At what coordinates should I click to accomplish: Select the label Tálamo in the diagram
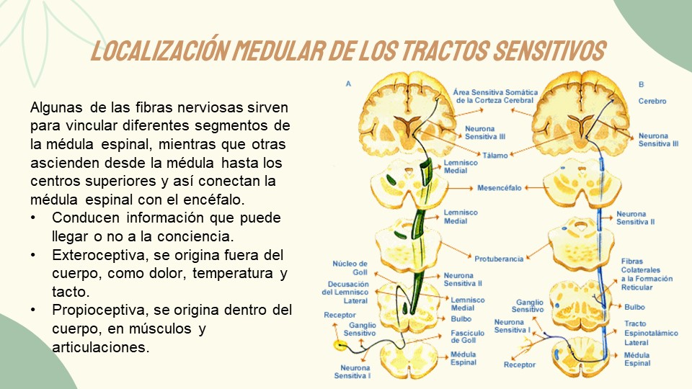click(x=495, y=155)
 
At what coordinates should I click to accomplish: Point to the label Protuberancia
click(x=499, y=259)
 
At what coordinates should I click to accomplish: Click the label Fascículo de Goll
click(x=467, y=336)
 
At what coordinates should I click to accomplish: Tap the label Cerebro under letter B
click(x=652, y=102)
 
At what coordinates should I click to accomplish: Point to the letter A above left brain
click(x=348, y=84)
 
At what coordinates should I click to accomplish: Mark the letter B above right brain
click(x=641, y=84)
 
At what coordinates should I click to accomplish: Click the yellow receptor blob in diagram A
click(x=339, y=346)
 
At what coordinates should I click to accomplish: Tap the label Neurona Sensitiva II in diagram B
click(x=635, y=218)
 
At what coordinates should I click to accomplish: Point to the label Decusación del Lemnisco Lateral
click(x=345, y=292)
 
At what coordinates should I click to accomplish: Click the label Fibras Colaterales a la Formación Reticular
click(x=647, y=274)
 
